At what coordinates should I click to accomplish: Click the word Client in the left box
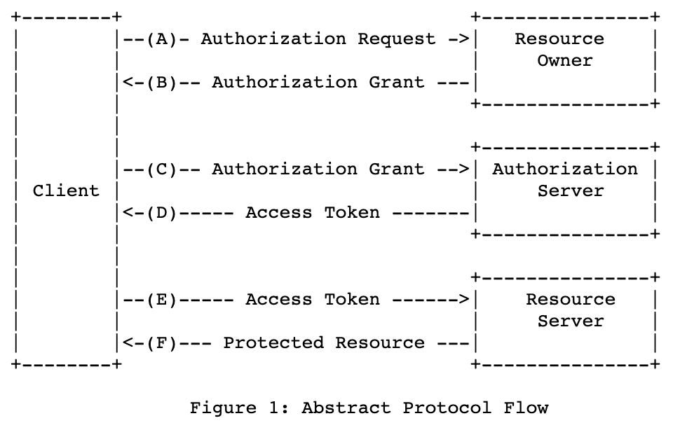(x=66, y=190)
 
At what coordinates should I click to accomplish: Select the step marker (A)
(x=162, y=39)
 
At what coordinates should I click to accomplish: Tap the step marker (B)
(x=162, y=83)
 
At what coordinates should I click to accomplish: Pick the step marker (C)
(x=162, y=169)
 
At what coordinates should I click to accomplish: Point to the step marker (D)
(x=162, y=213)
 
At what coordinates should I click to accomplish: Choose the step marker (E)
(x=162, y=300)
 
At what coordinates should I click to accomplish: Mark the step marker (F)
(x=162, y=343)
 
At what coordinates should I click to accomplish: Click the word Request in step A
(x=396, y=40)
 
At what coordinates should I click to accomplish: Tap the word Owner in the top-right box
(x=564, y=61)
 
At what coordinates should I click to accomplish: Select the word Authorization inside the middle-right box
(x=564, y=169)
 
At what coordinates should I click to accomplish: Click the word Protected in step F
(x=273, y=343)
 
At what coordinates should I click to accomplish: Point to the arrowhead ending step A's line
(x=464, y=39)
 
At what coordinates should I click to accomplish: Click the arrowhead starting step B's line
(x=128, y=83)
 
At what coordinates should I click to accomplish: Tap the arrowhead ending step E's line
(x=464, y=300)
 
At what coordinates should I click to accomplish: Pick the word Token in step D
(x=352, y=213)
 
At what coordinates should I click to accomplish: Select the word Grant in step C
(x=396, y=169)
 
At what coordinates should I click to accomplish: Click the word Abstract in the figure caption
(x=346, y=408)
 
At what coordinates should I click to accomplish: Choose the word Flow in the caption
(x=526, y=408)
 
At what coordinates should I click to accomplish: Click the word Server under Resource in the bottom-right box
(x=570, y=321)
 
